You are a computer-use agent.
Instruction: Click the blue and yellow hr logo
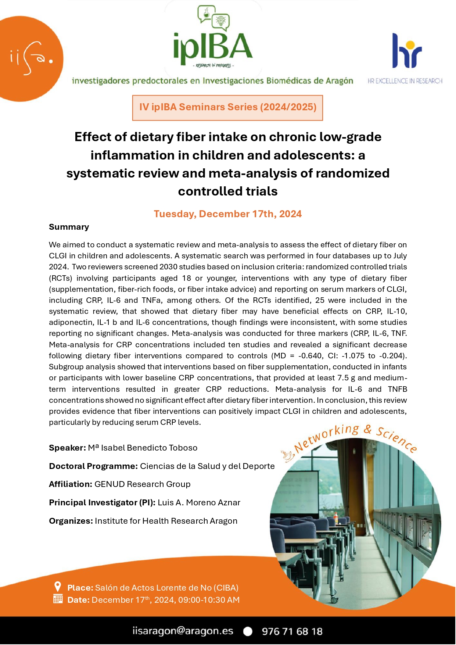pyautogui.click(x=406, y=51)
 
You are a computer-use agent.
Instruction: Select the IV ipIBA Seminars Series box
pyautogui.click(x=227, y=107)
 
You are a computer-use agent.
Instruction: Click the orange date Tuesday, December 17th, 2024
pyautogui.click(x=227, y=214)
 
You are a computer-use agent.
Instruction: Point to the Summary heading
pyautogui.click(x=69, y=227)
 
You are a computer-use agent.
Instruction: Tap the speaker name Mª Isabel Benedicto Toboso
pyautogui.click(x=143, y=448)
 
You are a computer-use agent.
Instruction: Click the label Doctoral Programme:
pyautogui.click(x=93, y=466)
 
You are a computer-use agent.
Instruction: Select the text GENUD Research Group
pyautogui.click(x=143, y=484)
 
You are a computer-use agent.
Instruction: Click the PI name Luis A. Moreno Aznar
pyautogui.click(x=199, y=502)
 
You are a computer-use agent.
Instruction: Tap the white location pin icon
pyautogui.click(x=57, y=586)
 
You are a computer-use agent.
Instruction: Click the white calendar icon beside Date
pyautogui.click(x=58, y=599)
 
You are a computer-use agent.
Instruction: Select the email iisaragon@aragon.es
pyautogui.click(x=183, y=631)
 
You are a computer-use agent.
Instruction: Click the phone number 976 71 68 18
pyautogui.click(x=292, y=631)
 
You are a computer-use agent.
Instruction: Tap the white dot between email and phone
pyautogui.click(x=248, y=631)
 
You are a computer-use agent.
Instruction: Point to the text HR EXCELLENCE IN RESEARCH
pyautogui.click(x=405, y=81)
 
